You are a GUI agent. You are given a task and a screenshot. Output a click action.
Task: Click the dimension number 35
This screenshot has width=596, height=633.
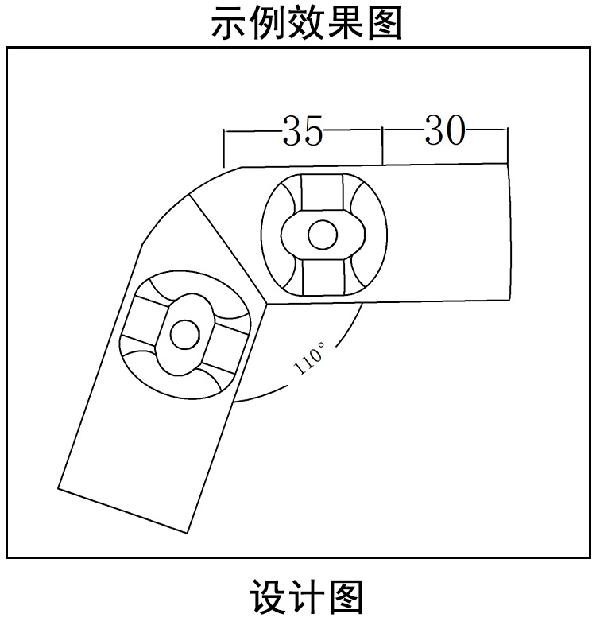[303, 132]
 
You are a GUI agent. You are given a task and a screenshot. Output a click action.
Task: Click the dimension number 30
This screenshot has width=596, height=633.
[444, 130]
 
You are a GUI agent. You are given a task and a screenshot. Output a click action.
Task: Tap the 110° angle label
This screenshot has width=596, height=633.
[310, 358]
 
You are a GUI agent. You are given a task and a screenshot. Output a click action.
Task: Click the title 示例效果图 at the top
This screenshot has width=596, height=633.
[306, 23]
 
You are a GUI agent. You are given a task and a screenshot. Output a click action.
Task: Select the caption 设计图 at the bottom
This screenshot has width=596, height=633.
[306, 597]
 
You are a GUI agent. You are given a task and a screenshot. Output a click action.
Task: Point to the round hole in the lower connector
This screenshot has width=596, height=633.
[184, 334]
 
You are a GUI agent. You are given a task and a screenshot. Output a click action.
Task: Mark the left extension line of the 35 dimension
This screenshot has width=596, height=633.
[224, 148]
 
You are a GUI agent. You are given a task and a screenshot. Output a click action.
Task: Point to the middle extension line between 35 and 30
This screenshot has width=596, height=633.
[383, 146]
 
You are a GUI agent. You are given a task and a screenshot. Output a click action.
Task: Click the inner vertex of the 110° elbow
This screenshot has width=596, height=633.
[269, 302]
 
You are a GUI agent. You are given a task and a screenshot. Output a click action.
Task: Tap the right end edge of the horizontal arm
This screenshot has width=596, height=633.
[510, 231]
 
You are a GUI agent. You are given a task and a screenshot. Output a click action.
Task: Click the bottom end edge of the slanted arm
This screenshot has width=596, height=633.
[123, 509]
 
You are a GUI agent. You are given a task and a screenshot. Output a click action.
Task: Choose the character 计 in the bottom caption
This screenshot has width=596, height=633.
[306, 597]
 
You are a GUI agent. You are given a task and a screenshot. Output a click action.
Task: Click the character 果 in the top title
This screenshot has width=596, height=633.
[345, 23]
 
